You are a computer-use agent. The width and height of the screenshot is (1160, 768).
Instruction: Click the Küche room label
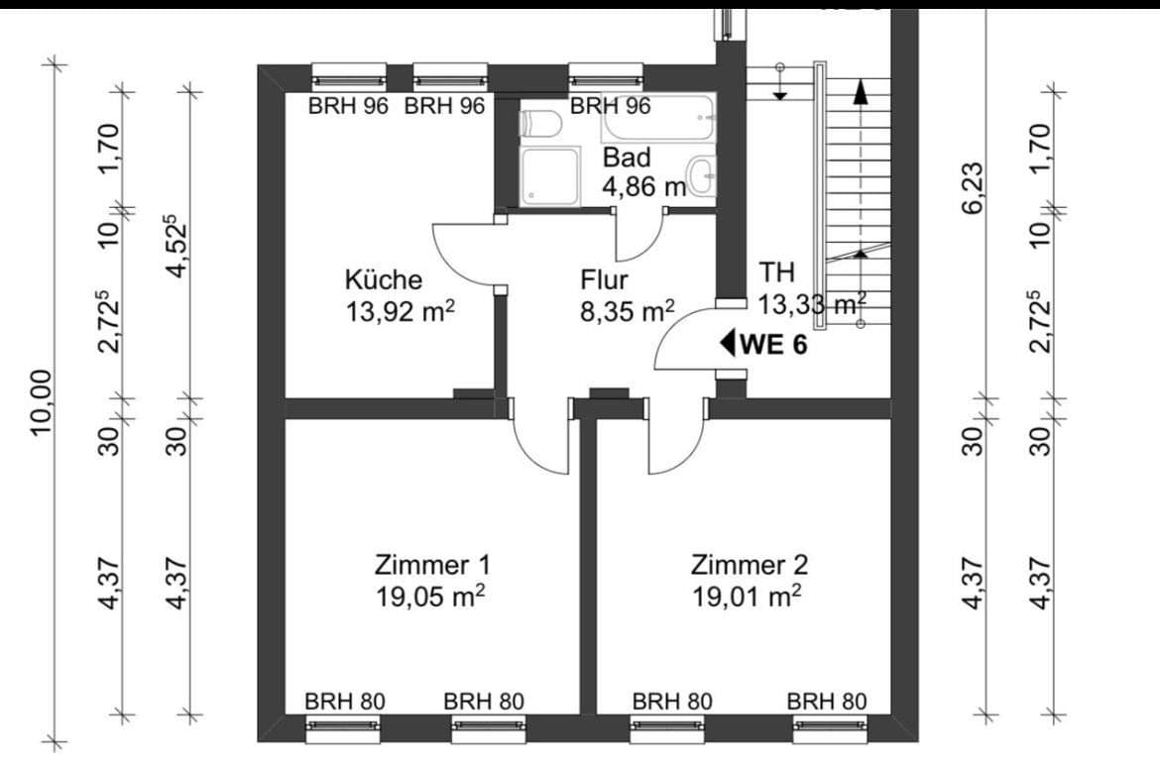coord(383,280)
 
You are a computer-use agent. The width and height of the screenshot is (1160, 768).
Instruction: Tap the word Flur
coord(605,280)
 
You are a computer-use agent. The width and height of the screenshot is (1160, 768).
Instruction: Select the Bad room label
coord(627,158)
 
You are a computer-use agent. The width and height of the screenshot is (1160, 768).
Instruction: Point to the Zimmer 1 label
coord(431,565)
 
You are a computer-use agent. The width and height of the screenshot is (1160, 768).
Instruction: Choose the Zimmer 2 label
coord(749,565)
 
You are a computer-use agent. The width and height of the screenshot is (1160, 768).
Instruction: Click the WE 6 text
coord(772,345)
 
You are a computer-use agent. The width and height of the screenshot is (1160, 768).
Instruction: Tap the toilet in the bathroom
coord(542,124)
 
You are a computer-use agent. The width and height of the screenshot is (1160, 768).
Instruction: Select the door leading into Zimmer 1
coord(540,441)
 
